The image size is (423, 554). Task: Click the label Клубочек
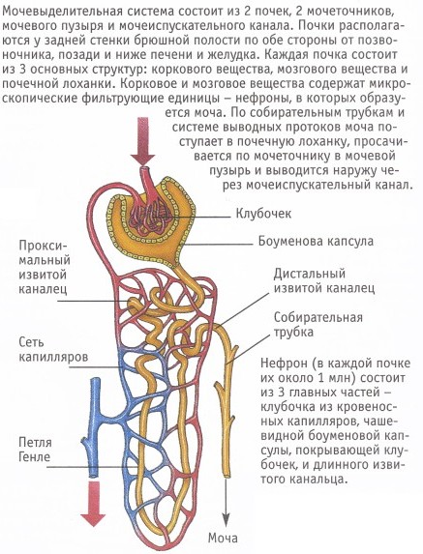263,214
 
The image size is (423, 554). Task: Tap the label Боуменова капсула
316,242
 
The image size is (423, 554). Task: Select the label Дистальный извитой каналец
324,281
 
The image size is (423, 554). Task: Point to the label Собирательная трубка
318,324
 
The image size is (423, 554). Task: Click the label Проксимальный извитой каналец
45,267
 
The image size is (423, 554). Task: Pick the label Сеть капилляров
53,349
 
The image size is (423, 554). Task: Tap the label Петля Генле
35,450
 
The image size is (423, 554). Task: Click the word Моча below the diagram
223,539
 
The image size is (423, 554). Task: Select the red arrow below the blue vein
93,503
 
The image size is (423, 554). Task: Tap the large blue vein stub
95,425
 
